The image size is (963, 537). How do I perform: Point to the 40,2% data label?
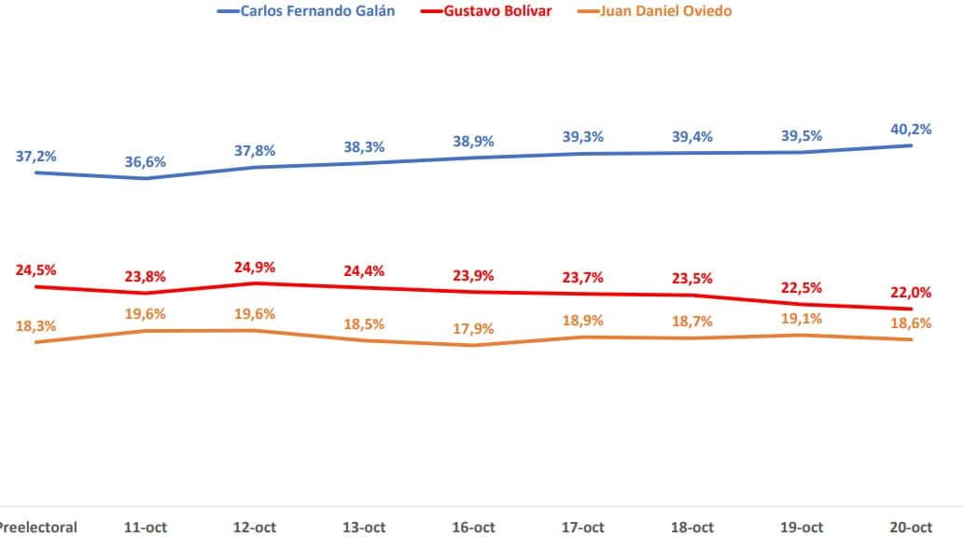click(x=911, y=130)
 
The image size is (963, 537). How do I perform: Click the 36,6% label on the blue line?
click(x=146, y=162)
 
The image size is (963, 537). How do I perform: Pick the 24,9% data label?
click(x=255, y=268)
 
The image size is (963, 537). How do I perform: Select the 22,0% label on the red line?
click(x=911, y=292)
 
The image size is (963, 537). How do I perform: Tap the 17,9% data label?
click(x=473, y=329)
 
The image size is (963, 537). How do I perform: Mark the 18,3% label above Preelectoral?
click(x=36, y=326)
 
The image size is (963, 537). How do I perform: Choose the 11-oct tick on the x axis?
click(x=146, y=527)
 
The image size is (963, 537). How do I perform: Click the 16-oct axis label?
click(x=473, y=527)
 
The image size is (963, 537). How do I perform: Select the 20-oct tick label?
click(x=911, y=527)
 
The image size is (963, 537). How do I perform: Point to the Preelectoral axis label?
click(x=37, y=527)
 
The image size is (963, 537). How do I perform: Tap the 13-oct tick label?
click(x=364, y=527)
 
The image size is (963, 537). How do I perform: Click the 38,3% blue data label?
click(x=364, y=146)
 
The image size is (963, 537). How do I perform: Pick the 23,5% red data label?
click(x=691, y=279)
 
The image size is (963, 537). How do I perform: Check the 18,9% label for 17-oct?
click(x=582, y=321)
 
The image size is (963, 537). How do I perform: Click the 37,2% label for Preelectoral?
click(x=36, y=156)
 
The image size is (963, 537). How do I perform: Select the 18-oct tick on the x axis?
click(x=691, y=527)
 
